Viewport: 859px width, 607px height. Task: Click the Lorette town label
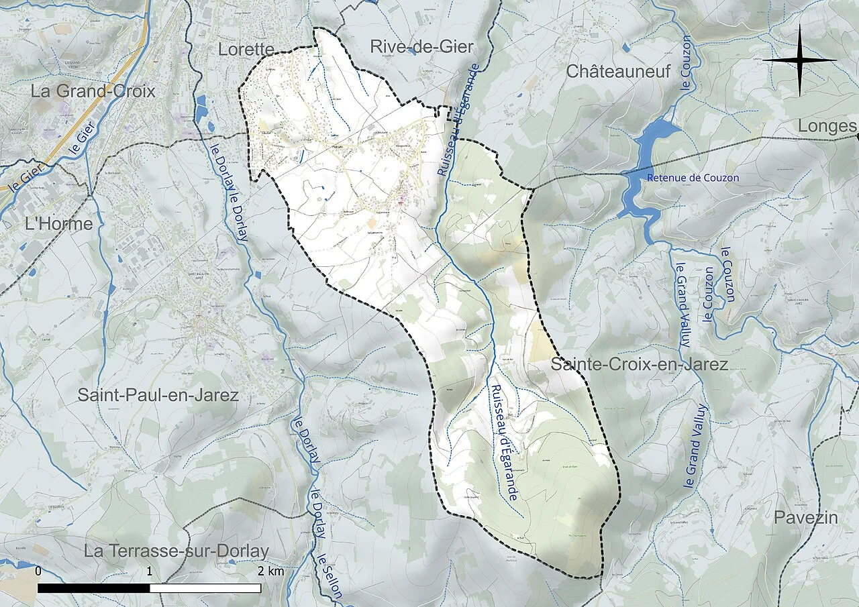click(247, 49)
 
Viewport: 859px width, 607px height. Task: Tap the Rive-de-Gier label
click(421, 47)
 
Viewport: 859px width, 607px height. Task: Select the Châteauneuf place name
click(618, 71)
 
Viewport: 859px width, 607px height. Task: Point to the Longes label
click(827, 127)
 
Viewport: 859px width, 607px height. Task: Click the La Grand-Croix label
click(93, 91)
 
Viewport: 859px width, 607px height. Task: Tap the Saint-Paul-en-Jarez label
click(158, 395)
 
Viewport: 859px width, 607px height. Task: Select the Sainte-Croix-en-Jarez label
click(639, 365)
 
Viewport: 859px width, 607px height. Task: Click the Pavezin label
click(805, 518)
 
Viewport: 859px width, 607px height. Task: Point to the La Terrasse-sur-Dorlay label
click(176, 551)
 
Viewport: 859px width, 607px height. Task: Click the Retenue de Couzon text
click(693, 178)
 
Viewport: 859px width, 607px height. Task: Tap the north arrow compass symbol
click(799, 60)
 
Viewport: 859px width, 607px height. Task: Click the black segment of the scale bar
click(93, 588)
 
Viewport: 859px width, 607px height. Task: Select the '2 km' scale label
click(270, 571)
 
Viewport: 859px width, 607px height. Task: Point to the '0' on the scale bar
click(38, 571)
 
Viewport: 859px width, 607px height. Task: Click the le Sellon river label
click(330, 575)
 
